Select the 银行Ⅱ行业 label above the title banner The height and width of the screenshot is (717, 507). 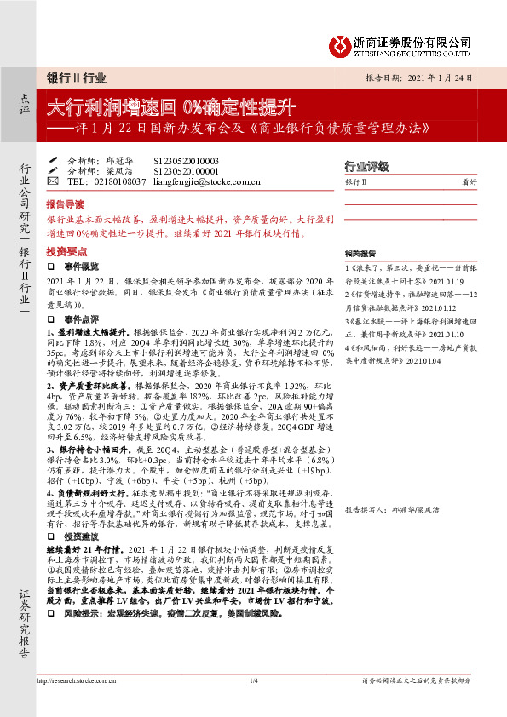point(77,77)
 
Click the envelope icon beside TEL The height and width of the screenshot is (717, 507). point(53,181)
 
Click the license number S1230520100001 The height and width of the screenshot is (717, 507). point(186,170)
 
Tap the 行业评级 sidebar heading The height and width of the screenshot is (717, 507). point(366,165)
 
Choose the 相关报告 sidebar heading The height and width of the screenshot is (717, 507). point(360,254)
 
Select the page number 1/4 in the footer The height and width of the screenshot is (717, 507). point(253,680)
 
